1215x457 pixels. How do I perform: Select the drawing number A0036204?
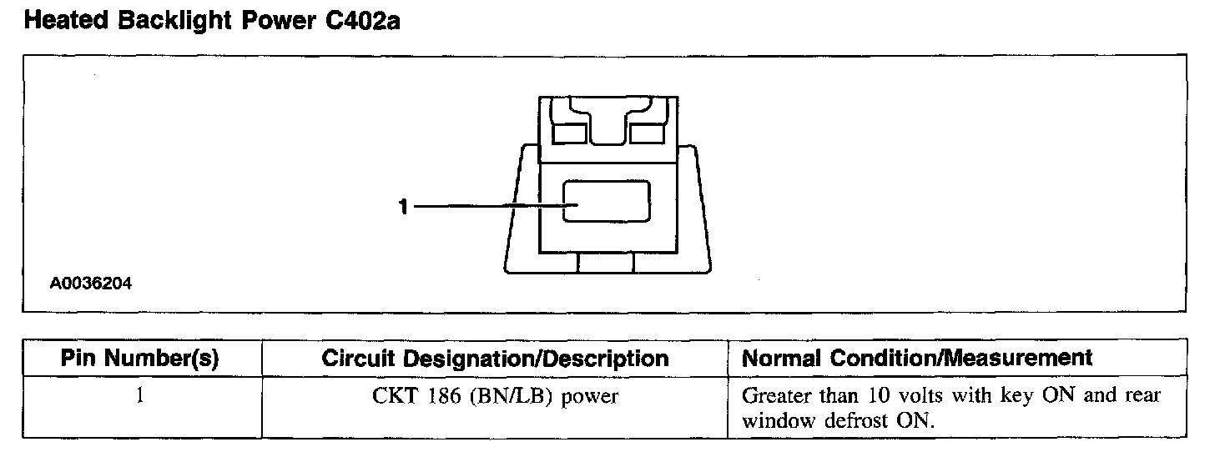91,284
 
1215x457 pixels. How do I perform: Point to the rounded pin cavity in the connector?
607,202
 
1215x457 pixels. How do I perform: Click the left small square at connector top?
570,133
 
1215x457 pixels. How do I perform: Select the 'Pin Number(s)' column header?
141,359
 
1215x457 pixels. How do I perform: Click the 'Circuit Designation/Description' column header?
496,359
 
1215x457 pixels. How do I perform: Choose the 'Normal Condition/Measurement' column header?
917,359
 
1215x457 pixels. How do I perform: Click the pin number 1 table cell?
140,396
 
